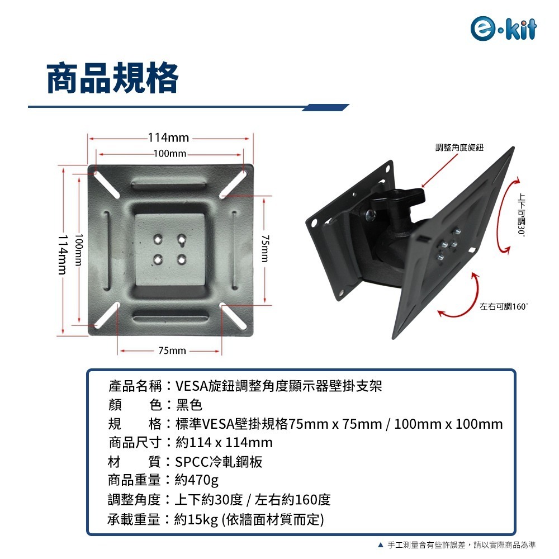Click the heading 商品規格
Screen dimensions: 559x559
[112, 78]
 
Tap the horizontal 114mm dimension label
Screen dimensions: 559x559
[168, 138]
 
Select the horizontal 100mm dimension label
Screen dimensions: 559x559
[169, 154]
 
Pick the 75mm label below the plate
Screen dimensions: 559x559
[172, 350]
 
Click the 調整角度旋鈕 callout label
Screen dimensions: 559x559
[459, 148]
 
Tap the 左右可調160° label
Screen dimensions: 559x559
[504, 307]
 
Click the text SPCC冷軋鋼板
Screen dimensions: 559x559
[219, 462]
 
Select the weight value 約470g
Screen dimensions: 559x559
[196, 481]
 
